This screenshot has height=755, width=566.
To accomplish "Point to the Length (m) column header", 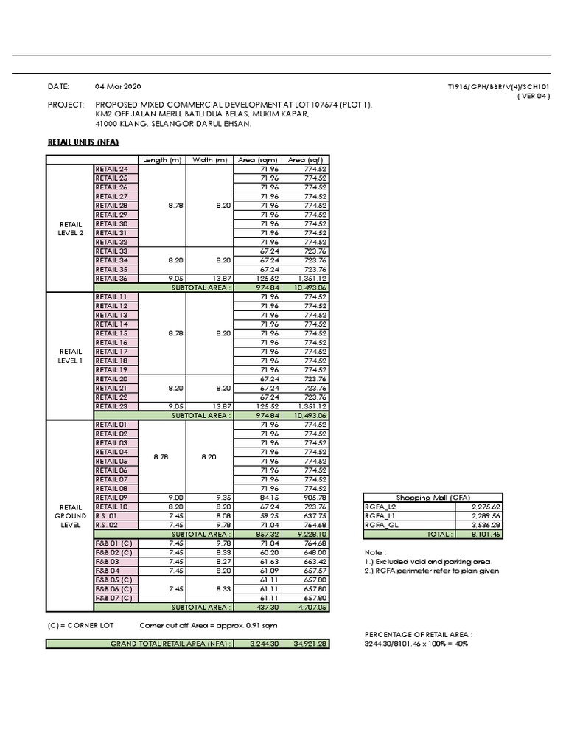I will pyautogui.click(x=162, y=160).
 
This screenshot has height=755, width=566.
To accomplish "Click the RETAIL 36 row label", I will pyautogui.click(x=112, y=279).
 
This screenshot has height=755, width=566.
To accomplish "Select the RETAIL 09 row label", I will pyautogui.click(x=112, y=497).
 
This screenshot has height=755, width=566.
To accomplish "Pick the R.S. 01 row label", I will pyautogui.click(x=107, y=515).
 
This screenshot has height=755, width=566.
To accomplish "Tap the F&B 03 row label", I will pyautogui.click(x=108, y=561).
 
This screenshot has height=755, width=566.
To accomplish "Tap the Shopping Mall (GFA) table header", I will pyautogui.click(x=433, y=498).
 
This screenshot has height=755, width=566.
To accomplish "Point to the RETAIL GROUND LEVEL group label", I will pyautogui.click(x=70, y=515).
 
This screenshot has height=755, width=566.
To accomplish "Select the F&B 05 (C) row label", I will pyautogui.click(x=114, y=580).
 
